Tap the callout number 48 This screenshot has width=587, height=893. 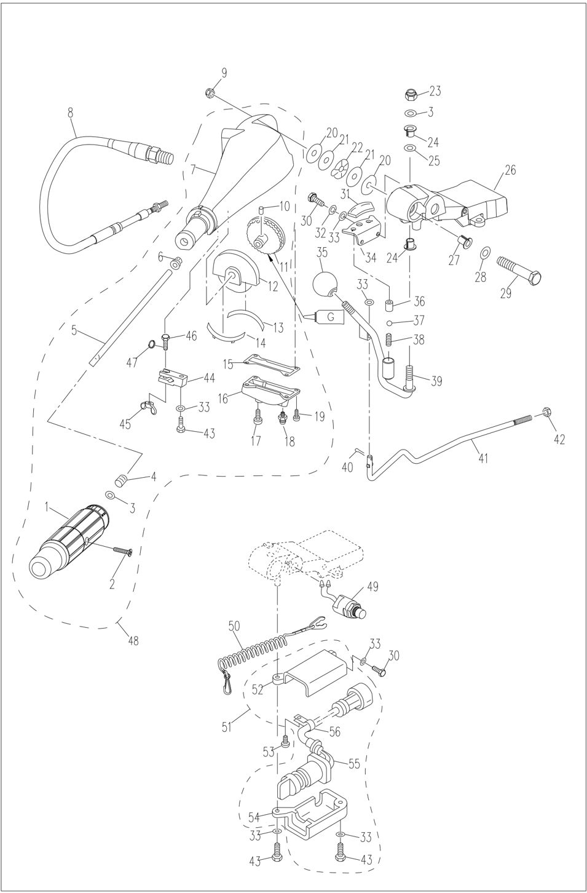coord(133,640)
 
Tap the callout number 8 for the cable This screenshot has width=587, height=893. coord(70,113)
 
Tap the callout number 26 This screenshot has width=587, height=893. coord(510,170)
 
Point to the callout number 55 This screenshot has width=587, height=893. coord(354,764)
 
